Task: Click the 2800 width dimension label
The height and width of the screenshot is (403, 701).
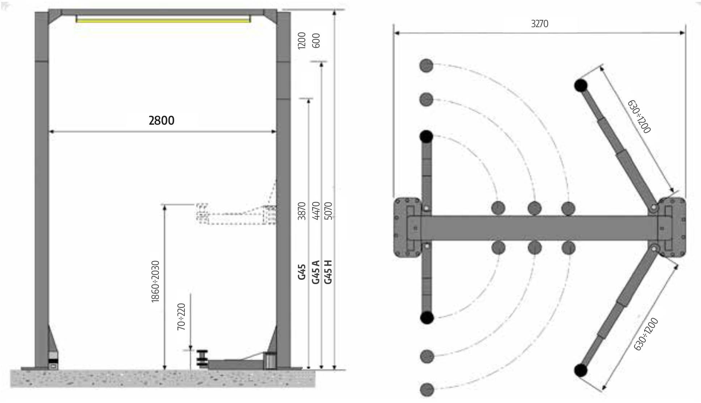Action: coord(162,120)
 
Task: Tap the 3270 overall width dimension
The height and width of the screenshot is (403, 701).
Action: coord(539,24)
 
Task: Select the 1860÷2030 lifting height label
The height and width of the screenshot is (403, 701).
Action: coord(155,281)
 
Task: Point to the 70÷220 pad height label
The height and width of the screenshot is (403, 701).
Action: coord(181,317)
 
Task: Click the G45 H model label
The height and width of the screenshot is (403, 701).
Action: coord(328,272)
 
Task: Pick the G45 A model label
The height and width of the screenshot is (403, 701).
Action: coord(315,272)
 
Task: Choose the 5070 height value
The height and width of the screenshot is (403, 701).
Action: coord(328,211)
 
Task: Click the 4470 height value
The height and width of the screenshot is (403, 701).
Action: coord(315,211)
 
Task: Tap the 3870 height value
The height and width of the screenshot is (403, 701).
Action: coord(302,211)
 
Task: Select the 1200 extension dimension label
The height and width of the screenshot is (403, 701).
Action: coord(302,40)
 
